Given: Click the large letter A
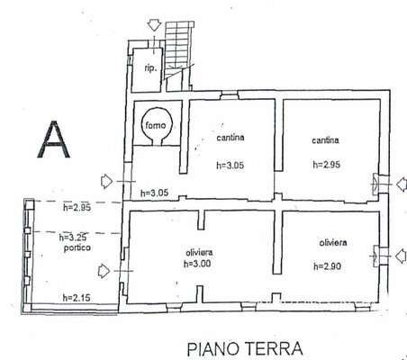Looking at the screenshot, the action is pyautogui.click(x=54, y=139).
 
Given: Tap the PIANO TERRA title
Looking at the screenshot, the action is pyautogui.click(x=245, y=348).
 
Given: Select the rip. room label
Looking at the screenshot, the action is pyautogui.click(x=150, y=68).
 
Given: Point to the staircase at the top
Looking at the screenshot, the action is pyautogui.click(x=177, y=56).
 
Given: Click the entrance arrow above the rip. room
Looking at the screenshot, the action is pyautogui.click(x=154, y=24).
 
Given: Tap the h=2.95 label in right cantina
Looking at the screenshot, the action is pyautogui.click(x=327, y=165).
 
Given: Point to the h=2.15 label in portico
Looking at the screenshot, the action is pyautogui.click(x=77, y=298).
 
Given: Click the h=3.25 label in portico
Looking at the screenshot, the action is pyautogui.click(x=73, y=238).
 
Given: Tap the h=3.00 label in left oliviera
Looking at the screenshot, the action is pyautogui.click(x=197, y=264).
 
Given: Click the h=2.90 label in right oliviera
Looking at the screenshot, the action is pyautogui.click(x=328, y=266).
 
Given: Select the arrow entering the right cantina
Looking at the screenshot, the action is pyautogui.click(x=402, y=184).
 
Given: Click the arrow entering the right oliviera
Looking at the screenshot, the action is pyautogui.click(x=402, y=256).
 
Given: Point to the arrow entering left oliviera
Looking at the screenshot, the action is pyautogui.click(x=104, y=271).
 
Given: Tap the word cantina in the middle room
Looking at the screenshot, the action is pyautogui.click(x=231, y=138).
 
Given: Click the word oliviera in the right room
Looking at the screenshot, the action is pyautogui.click(x=333, y=242).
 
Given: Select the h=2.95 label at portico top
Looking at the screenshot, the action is pyautogui.click(x=77, y=207).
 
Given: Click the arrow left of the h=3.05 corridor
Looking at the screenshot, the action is pyautogui.click(x=106, y=181).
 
